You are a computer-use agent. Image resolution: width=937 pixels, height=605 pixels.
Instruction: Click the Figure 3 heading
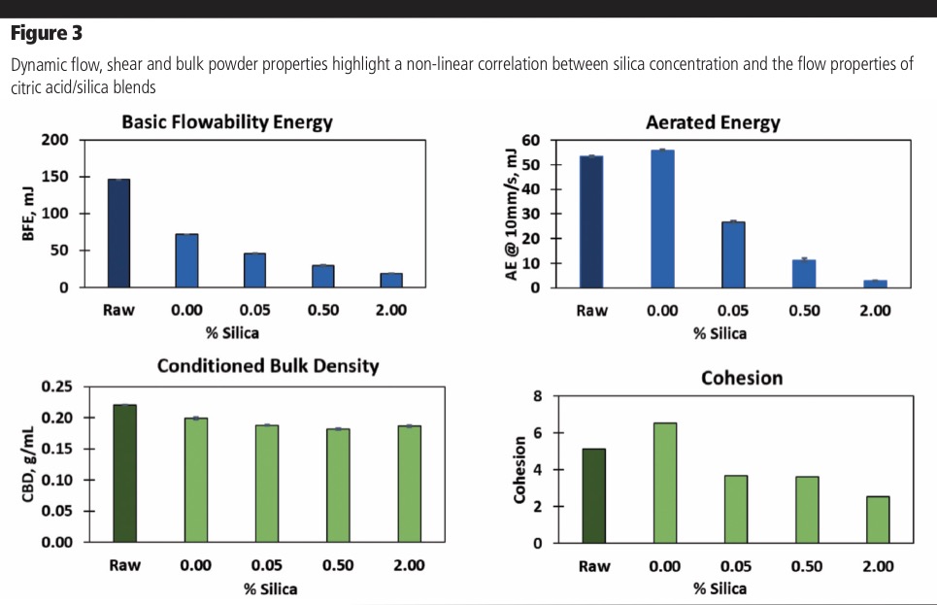(46, 34)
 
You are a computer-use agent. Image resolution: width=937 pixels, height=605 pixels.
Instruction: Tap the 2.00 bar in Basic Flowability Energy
(390, 280)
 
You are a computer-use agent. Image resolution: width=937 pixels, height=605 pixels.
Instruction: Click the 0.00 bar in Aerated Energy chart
(661, 218)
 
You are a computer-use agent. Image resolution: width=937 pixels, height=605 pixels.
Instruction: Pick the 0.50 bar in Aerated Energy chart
(803, 274)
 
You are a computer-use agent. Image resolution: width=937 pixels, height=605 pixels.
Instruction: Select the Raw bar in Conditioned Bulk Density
(124, 473)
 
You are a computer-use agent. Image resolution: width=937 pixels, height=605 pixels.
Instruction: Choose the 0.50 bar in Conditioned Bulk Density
(337, 485)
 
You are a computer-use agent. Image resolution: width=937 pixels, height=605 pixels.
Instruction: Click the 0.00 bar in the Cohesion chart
(665, 483)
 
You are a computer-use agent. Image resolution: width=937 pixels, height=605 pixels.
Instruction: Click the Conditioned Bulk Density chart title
(267, 366)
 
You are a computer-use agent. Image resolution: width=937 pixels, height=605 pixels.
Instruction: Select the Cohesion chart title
(741, 378)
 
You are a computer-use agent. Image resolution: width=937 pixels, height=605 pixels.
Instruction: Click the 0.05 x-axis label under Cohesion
(735, 566)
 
